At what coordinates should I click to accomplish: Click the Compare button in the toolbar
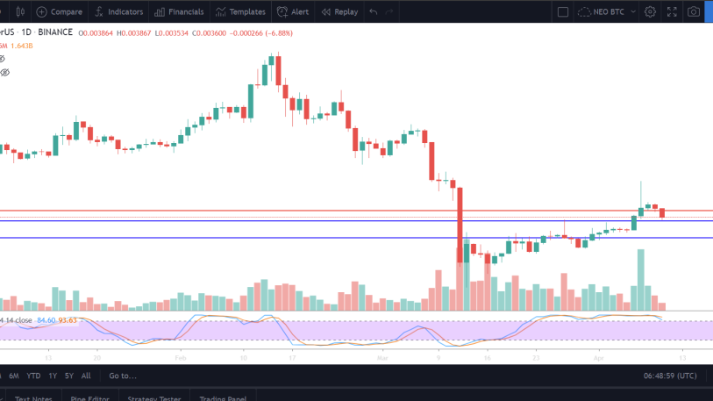click(60, 12)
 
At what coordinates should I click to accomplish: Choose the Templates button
click(241, 12)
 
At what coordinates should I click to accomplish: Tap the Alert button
click(293, 12)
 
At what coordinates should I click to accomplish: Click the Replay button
click(339, 12)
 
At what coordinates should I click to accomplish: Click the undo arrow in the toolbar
click(374, 12)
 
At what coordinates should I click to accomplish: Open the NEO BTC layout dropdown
click(606, 12)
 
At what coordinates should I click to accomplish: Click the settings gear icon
click(650, 12)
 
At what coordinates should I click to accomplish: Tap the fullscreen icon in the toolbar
click(672, 12)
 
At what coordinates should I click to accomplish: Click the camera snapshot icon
click(694, 12)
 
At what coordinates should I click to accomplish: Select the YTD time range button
click(33, 376)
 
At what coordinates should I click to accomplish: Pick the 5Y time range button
click(69, 376)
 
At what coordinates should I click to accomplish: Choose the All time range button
click(86, 376)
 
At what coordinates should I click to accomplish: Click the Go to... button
click(123, 376)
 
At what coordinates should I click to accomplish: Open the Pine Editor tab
click(89, 398)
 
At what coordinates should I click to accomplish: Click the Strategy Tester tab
click(154, 398)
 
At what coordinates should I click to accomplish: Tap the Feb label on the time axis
click(180, 358)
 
